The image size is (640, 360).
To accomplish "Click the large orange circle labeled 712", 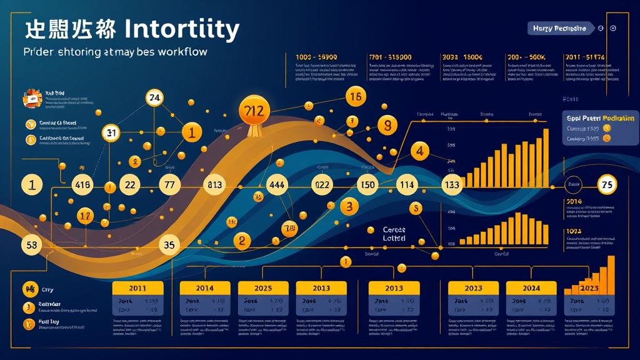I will point(255,110).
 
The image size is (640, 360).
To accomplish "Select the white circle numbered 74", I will point(154,97).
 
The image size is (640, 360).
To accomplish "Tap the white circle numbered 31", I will point(111,132).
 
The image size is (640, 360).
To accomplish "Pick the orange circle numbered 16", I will point(356,97).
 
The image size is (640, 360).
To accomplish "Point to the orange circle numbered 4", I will point(420,151).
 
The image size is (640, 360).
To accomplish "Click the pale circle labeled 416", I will point(83,185).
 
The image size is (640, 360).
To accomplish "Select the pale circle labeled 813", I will point(214,185).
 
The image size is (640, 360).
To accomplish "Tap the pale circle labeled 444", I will point(276,185).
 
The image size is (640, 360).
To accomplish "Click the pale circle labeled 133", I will point(451,185).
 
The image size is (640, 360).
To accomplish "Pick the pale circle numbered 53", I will point(31,244).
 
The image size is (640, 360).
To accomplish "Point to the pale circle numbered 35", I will point(169,245).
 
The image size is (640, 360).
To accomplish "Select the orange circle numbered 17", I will point(86,216).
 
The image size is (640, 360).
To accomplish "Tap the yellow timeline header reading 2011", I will point(137,288).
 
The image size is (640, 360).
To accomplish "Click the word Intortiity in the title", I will point(182,29).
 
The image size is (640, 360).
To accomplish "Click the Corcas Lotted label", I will point(394,234).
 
